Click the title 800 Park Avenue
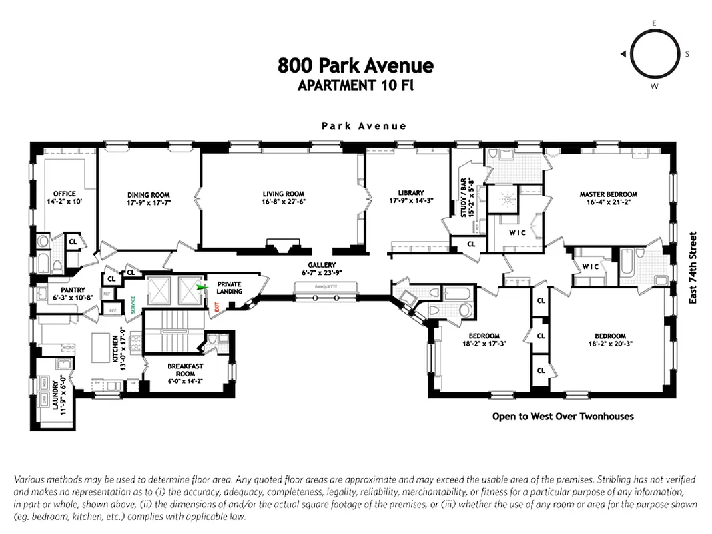click(x=356, y=65)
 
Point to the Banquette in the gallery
click(x=326, y=287)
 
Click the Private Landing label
click(x=229, y=288)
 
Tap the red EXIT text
click(x=218, y=308)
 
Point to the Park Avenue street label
click(x=364, y=125)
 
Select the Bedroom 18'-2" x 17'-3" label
click(x=484, y=340)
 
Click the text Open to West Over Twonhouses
click(x=563, y=416)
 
